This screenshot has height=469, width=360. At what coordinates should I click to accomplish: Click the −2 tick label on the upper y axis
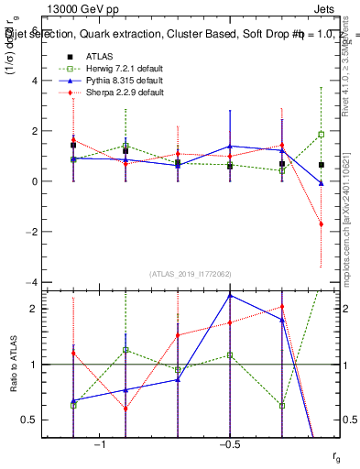(x=29, y=232)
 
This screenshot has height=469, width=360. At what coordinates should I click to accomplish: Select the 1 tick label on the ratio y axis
(x=33, y=365)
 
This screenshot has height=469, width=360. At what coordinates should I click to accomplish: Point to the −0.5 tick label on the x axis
(x=229, y=444)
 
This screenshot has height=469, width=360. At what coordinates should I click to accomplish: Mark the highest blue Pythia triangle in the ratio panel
(x=230, y=295)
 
